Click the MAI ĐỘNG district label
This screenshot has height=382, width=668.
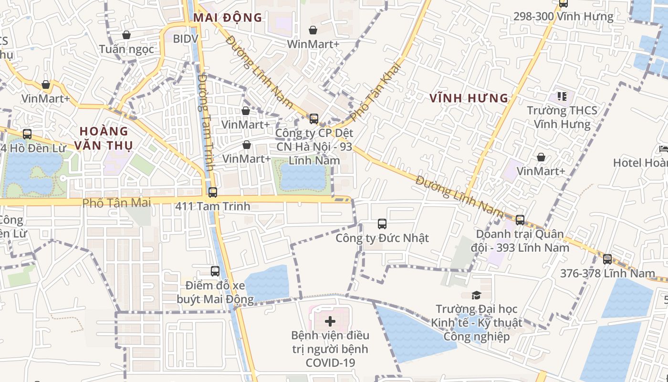coord(228,18)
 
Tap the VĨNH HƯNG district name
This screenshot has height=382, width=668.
coord(469,98)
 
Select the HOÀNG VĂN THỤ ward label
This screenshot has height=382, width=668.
coord(104,138)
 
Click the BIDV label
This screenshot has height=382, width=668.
coord(185,39)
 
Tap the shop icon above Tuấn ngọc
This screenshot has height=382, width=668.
coord(126,35)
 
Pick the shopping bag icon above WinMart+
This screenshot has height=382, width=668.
coord(313,30)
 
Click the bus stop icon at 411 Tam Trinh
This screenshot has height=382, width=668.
coord(213,192)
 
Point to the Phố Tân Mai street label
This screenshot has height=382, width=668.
coord(116,203)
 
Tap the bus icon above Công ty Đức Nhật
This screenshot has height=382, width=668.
coord(382,223)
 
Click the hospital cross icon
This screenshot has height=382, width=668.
coord(330,321)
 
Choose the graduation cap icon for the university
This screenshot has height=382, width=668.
coord(476,295)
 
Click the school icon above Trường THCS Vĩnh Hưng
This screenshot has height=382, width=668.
coord(562,96)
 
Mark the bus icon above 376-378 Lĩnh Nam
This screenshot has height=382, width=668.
coord(607,259)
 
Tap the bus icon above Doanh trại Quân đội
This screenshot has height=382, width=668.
coord(520,220)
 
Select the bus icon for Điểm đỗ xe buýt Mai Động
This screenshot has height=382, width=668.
coord(215,271)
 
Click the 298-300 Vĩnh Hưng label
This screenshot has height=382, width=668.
coord(563,17)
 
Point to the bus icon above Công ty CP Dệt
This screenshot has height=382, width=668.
coord(314,119)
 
